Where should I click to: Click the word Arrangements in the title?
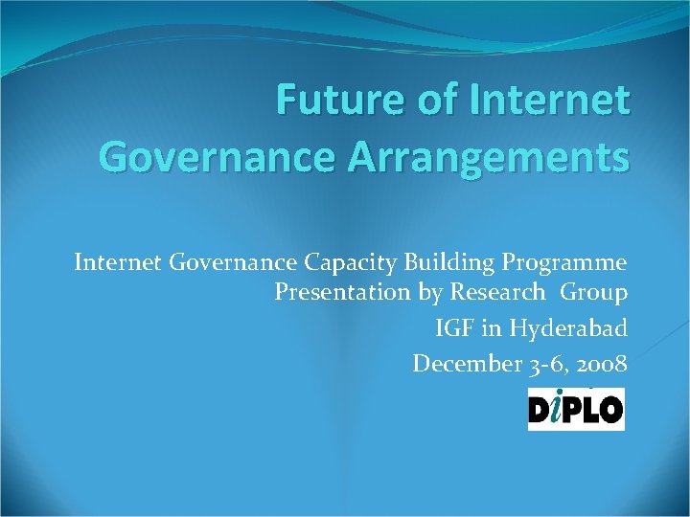click(x=494, y=156)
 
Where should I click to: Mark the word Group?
click(x=594, y=293)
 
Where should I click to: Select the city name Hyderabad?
click(x=568, y=328)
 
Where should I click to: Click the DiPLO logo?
click(x=576, y=409)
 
